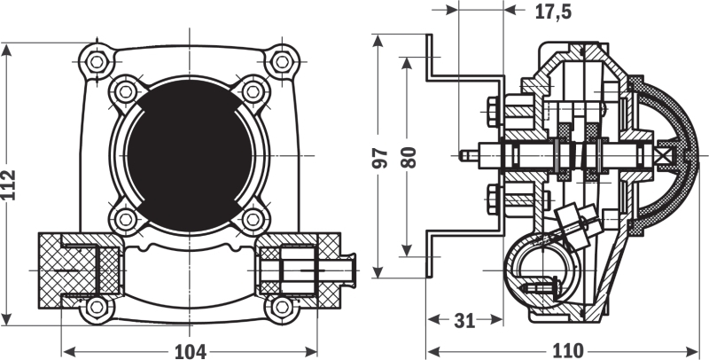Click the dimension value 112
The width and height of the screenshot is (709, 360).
tap(9, 184)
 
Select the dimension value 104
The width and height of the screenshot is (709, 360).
tap(190, 351)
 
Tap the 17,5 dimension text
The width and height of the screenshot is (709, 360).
tap(553, 12)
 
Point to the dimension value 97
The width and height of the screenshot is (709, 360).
tap(380, 157)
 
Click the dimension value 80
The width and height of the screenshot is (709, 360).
tap(409, 157)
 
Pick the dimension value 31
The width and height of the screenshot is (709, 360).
tap(464, 321)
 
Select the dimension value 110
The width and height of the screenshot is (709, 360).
tap(567, 351)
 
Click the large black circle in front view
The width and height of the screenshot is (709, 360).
tap(190, 156)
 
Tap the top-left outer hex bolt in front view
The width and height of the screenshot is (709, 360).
tap(97, 62)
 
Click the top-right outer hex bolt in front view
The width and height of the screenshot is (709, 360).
tap(282, 62)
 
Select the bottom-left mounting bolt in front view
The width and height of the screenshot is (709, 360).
tap(97, 308)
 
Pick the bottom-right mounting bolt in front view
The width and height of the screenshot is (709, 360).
tap(282, 308)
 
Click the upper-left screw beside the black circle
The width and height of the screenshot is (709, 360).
tap(126, 92)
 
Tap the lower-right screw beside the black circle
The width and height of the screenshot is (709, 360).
tap(253, 220)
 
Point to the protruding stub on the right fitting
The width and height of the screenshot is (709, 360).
tap(347, 270)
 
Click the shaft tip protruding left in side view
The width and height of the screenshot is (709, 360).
tap(468, 156)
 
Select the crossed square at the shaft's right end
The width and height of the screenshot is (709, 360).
tap(666, 156)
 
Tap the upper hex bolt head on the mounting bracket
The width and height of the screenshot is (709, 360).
tap(493, 112)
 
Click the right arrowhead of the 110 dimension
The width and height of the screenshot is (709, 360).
tap(693, 351)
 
